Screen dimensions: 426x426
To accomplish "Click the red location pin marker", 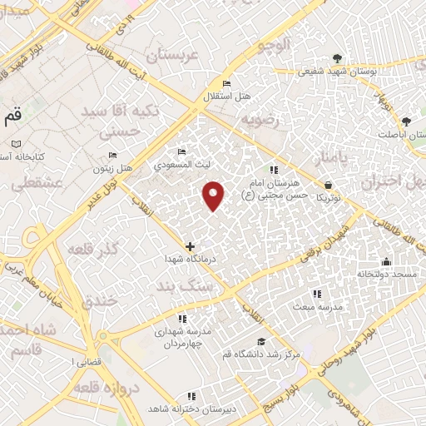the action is [214, 195].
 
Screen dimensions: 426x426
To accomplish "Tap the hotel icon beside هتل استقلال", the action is [225, 84].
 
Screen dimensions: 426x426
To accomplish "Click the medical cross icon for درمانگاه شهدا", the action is [191, 246].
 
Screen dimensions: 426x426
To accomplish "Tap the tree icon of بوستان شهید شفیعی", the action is [336, 57].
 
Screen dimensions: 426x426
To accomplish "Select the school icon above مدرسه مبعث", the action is [316, 293].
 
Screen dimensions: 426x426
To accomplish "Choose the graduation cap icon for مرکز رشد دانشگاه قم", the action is [262, 342].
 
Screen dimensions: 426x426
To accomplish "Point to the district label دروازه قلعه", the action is [99, 389].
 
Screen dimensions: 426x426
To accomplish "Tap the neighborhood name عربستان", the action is [176, 57].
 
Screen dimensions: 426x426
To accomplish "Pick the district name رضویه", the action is [257, 120].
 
